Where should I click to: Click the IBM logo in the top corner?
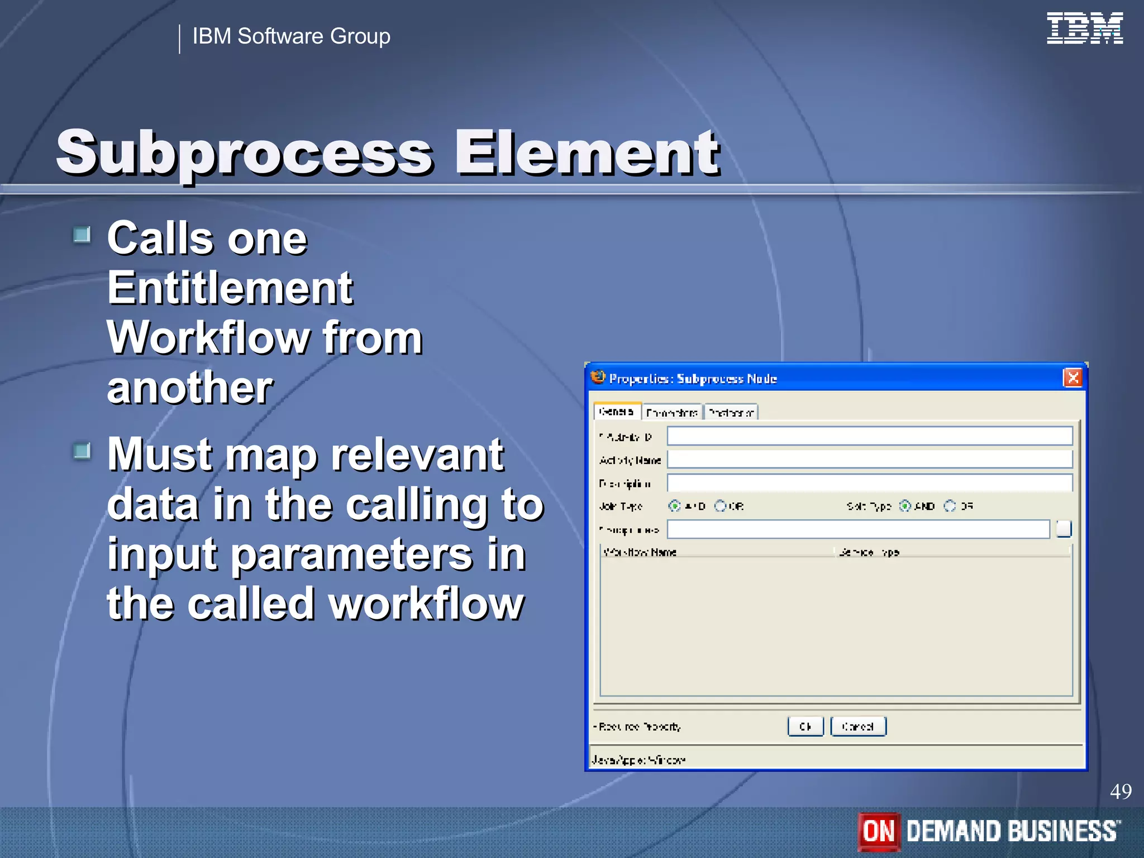pyautogui.click(x=1084, y=28)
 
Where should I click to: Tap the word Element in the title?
pyautogui.click(x=587, y=152)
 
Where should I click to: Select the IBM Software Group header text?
pyautogui.click(x=291, y=36)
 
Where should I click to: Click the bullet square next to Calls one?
pyautogui.click(x=82, y=235)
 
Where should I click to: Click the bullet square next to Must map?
pyautogui.click(x=82, y=451)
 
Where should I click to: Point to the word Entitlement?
pyautogui.click(x=230, y=288)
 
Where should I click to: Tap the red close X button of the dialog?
pyautogui.click(x=1072, y=378)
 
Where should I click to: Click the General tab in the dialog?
pyautogui.click(x=617, y=412)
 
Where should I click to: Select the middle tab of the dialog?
pyautogui.click(x=672, y=413)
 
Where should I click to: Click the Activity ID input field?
pyautogui.click(x=869, y=436)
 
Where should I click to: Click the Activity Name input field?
pyautogui.click(x=869, y=460)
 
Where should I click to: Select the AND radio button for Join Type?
pyautogui.click(x=675, y=506)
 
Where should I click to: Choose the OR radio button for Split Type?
pyautogui.click(x=950, y=506)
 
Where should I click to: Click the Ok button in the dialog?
pyautogui.click(x=805, y=726)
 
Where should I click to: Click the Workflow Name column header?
pyautogui.click(x=640, y=552)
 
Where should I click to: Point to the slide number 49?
pyautogui.click(x=1120, y=791)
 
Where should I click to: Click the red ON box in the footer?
pyautogui.click(x=879, y=831)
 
